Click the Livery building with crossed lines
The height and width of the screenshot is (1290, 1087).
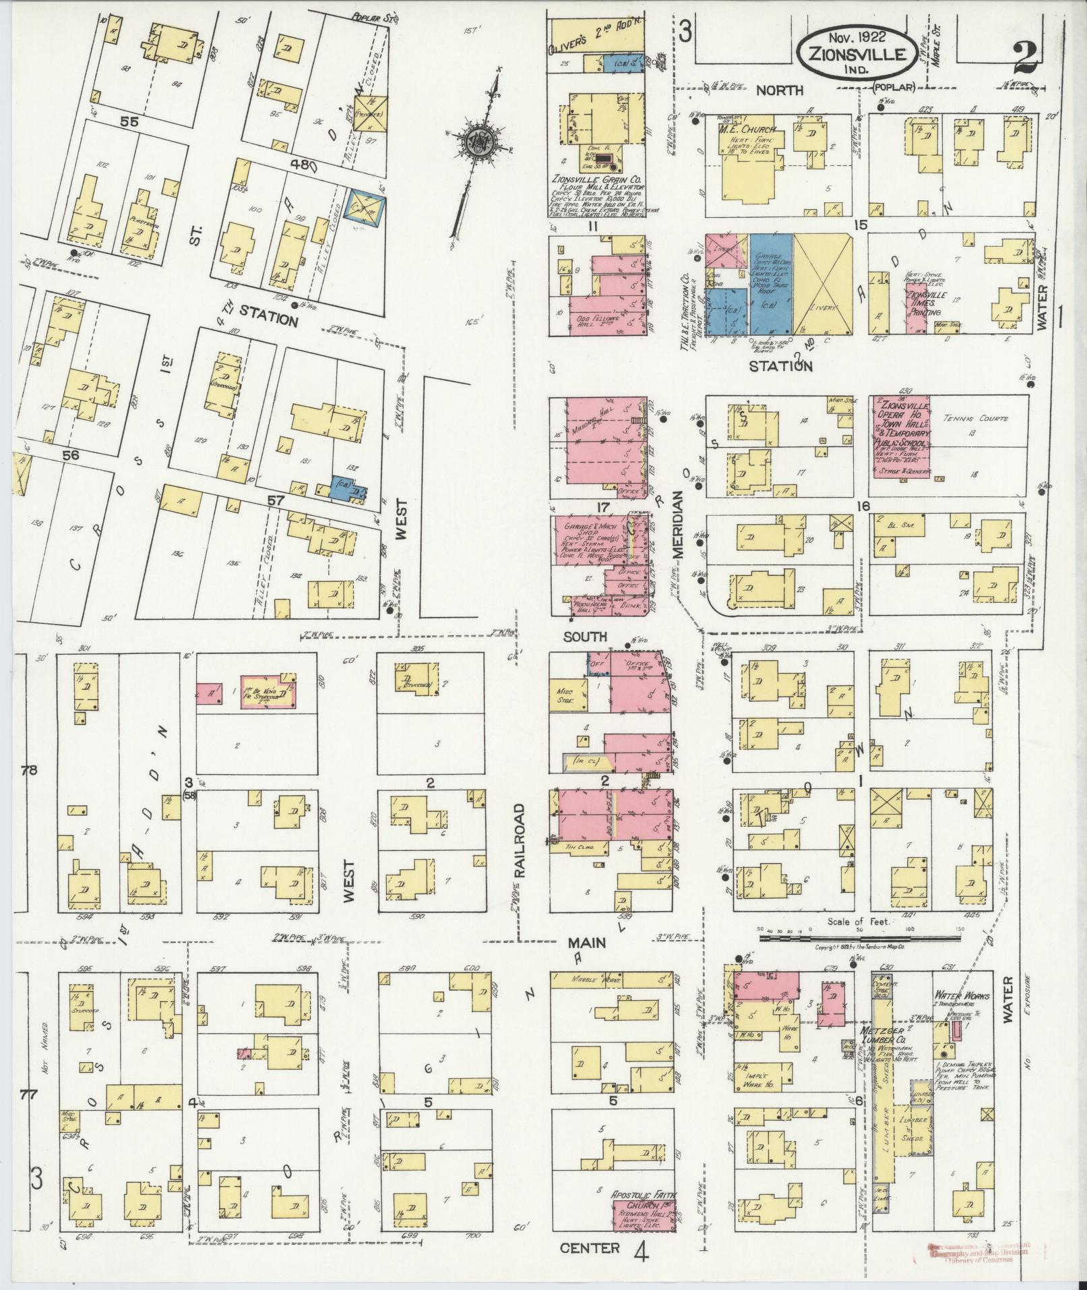point(823,284)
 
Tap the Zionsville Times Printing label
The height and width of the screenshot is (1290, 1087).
point(929,304)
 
